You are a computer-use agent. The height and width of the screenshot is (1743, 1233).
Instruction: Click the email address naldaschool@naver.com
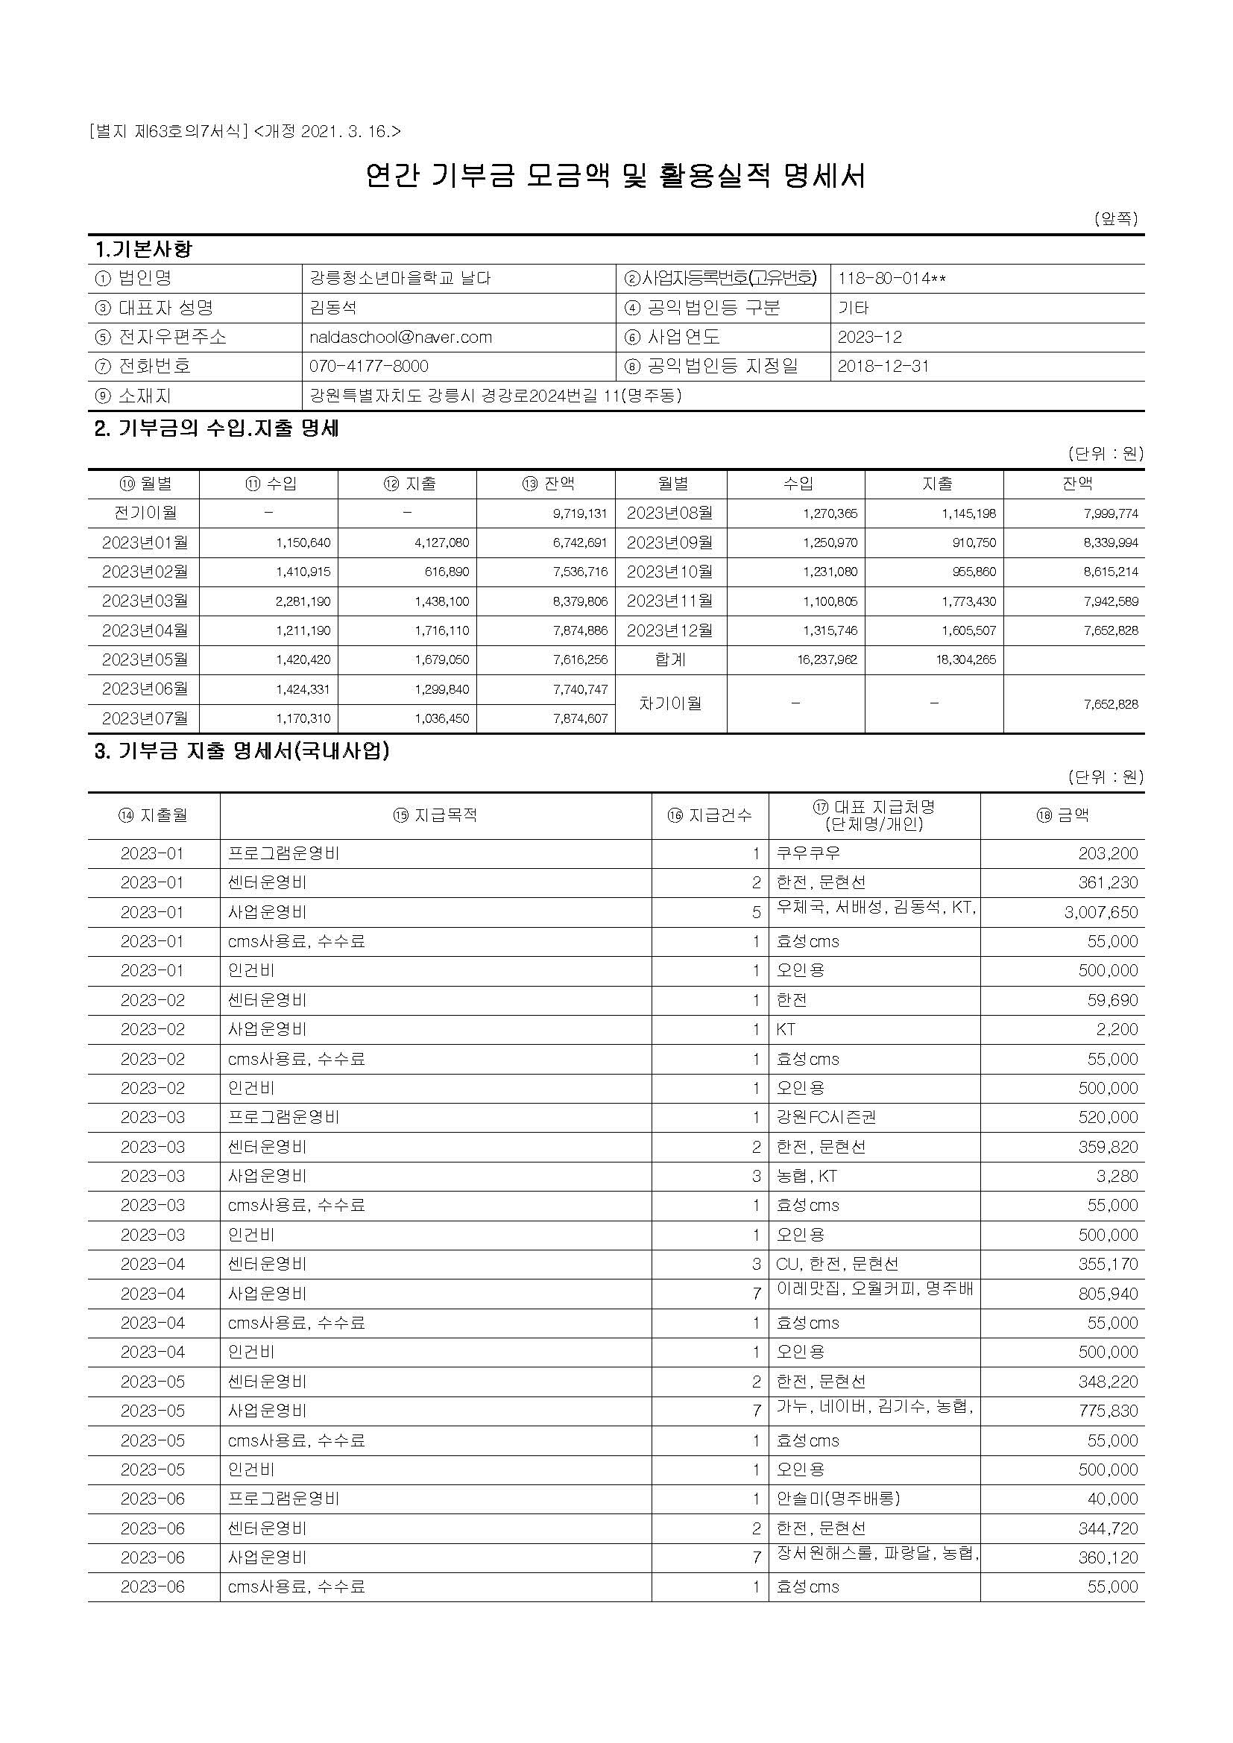coord(400,337)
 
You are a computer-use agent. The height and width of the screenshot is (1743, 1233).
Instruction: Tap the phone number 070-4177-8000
coord(368,366)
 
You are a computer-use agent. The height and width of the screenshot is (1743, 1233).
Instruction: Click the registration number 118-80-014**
coord(892,279)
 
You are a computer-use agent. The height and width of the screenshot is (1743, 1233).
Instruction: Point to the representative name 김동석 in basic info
coord(332,308)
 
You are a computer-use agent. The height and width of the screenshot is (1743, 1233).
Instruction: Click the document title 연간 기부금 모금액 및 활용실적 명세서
coord(615,176)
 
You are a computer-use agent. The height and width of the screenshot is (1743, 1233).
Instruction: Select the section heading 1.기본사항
coord(143,249)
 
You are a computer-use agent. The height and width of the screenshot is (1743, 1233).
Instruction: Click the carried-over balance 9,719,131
coord(580,514)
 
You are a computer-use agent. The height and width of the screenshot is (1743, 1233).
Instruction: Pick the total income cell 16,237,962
coord(827,659)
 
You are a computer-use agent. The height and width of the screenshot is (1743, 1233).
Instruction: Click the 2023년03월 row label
coord(145,601)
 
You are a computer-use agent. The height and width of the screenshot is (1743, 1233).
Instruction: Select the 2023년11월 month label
coord(669,601)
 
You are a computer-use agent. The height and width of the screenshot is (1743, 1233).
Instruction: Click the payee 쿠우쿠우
coord(808,853)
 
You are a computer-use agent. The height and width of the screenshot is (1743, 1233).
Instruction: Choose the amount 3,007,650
coord(1100,913)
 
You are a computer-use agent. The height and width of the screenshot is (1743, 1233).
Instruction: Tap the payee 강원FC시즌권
coord(825,1118)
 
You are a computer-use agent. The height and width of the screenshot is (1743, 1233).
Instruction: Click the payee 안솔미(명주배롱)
coord(837,1499)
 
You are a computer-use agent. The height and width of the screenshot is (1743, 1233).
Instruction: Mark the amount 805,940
coord(1108,1294)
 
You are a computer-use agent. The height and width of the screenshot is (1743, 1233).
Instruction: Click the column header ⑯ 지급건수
coord(709,815)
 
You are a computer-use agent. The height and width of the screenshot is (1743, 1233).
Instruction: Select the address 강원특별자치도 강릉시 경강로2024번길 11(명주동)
coord(495,396)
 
